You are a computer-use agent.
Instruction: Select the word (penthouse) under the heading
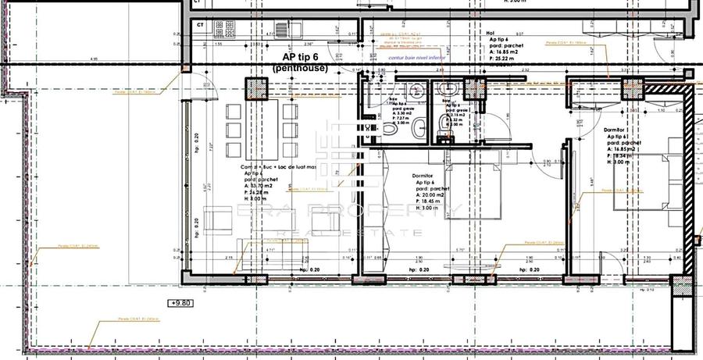coord(300,69)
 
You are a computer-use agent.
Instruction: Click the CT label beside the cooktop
coord(200,25)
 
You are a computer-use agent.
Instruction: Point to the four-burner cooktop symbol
coord(223,29)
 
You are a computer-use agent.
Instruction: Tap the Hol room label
coord(491,33)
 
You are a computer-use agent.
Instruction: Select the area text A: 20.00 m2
coord(431,196)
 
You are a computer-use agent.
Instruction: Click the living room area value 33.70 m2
coord(260,186)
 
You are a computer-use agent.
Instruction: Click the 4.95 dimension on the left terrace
coord(94,59)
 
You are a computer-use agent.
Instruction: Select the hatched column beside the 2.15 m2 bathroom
coord(474,90)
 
